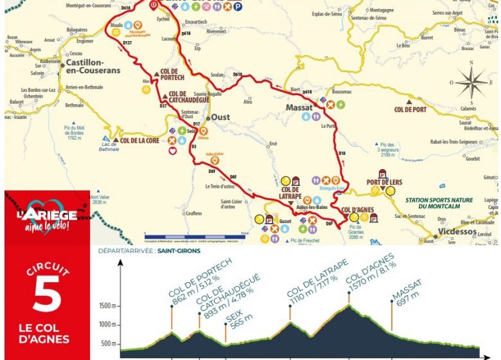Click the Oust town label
(x=220, y=118)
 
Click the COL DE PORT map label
(x=410, y=109)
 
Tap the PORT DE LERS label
(x=384, y=183)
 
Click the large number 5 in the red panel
(x=46, y=294)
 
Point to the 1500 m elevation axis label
(x=107, y=306)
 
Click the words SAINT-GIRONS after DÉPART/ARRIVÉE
(x=182, y=251)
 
